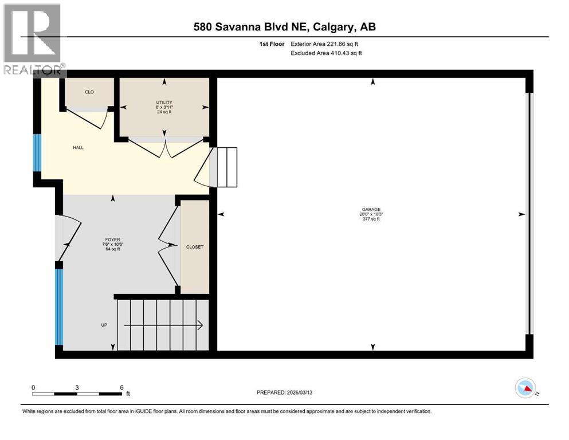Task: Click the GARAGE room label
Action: tap(371, 209)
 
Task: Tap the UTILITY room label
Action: tap(165, 103)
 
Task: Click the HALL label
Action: tap(78, 147)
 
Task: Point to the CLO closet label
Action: tap(89, 92)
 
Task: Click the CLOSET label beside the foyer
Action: tap(195, 247)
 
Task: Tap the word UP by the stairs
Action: tap(104, 325)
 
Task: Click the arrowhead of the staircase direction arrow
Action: tap(200, 325)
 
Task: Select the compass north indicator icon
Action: tap(525, 388)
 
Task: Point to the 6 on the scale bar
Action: tap(121, 387)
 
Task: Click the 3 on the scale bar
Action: tap(77, 387)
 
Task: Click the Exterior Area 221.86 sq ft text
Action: tap(324, 44)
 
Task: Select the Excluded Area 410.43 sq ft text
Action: tap(327, 53)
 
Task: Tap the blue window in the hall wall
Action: tap(37, 152)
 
